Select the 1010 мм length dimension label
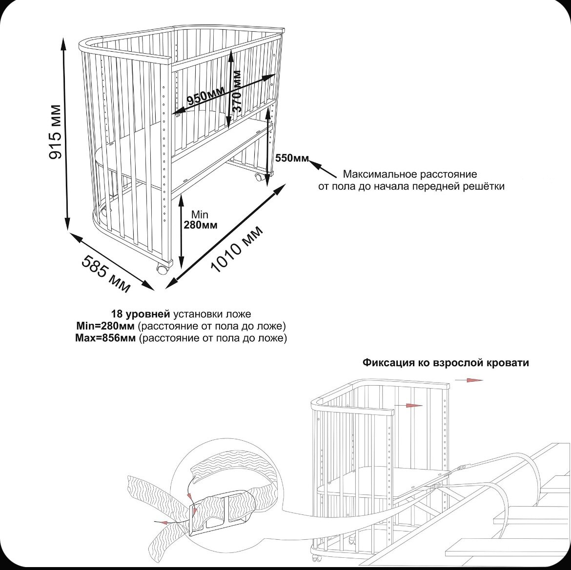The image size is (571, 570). pyautogui.click(x=237, y=250)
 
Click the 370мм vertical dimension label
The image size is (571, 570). pyautogui.click(x=237, y=92)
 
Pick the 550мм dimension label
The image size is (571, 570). pyautogui.click(x=292, y=158)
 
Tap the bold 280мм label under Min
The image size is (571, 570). pyautogui.click(x=200, y=225)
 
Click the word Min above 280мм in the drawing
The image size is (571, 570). pyautogui.click(x=200, y=215)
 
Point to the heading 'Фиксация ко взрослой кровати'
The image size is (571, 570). pyautogui.click(x=446, y=363)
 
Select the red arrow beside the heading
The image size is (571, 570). pyautogui.click(x=474, y=380)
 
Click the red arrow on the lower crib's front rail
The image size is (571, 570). pyautogui.click(x=409, y=405)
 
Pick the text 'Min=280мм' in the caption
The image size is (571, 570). pyautogui.click(x=106, y=326)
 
